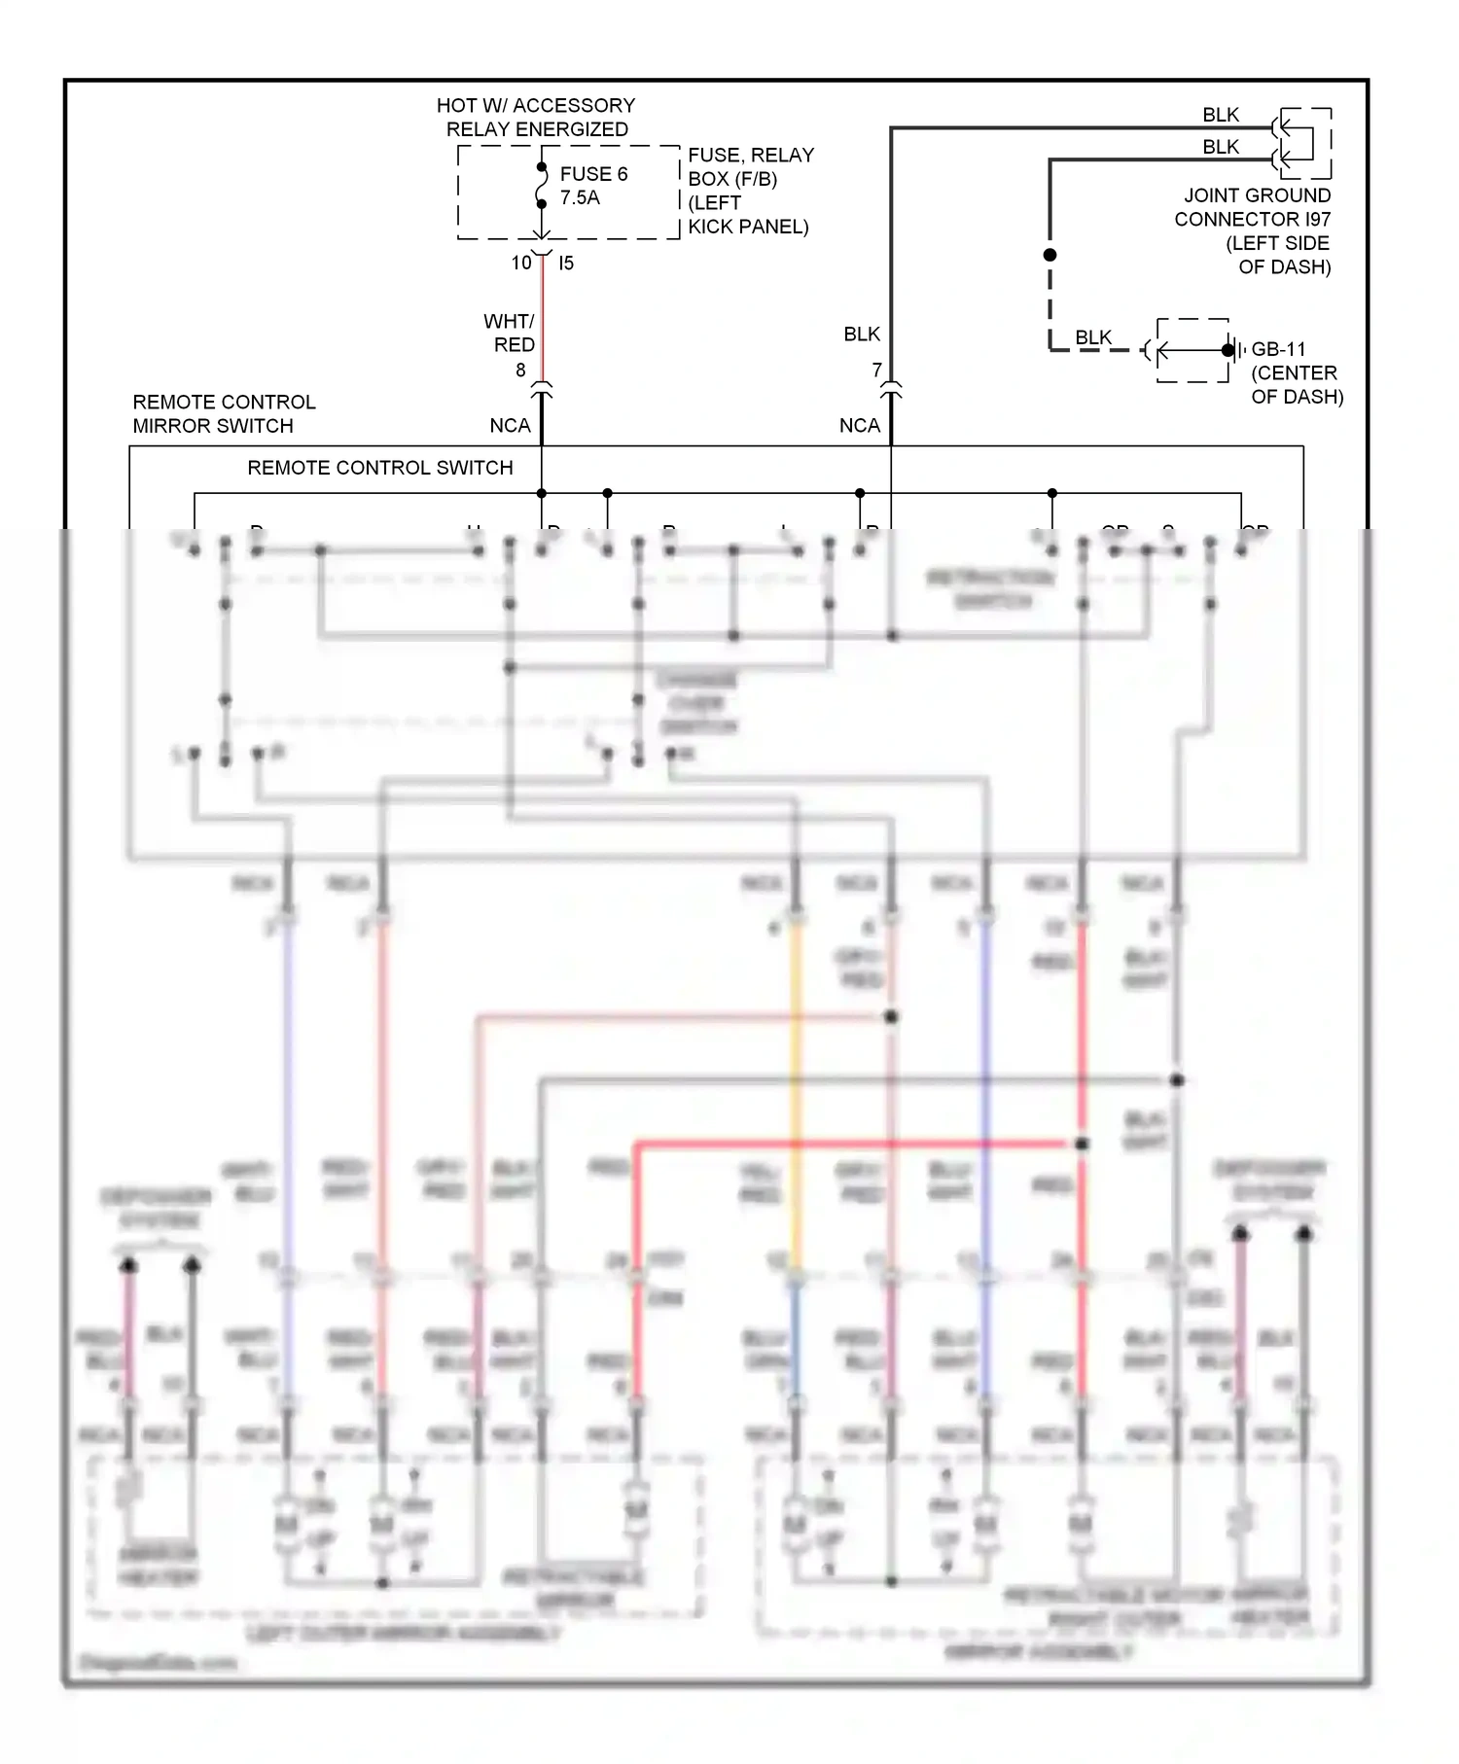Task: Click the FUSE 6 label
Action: pos(593,174)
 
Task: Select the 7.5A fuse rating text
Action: pos(580,197)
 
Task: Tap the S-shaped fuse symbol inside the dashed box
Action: pos(542,186)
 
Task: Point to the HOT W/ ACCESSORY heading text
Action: pos(535,105)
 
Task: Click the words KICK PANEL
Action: pos(748,227)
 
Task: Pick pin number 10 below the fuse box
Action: pos(521,263)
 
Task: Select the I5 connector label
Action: pos(566,263)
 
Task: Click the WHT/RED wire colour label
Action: pos(511,333)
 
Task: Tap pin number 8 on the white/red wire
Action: pos(520,370)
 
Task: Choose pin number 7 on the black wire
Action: pos(876,370)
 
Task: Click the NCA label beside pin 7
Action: pos(860,426)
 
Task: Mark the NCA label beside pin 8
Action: pos(510,426)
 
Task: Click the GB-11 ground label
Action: pos(1278,349)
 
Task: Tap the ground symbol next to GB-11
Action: pos(1231,350)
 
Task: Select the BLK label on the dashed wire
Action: pos(1093,337)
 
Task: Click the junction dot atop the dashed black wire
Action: pos(1050,255)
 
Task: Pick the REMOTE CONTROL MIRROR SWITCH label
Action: pos(224,413)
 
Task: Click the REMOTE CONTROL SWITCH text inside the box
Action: pos(379,468)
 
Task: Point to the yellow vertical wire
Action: pos(796,1089)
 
